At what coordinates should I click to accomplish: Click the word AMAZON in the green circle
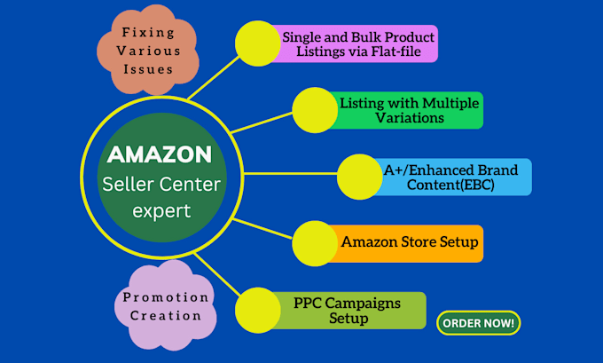tap(160, 154)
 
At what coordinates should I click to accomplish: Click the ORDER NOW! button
tap(478, 323)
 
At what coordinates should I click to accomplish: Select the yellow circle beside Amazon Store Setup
tap(317, 242)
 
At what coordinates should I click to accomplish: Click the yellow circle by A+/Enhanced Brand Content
tap(361, 175)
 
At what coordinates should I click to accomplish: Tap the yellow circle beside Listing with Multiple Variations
tap(316, 110)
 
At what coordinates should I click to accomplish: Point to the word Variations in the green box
tap(408, 118)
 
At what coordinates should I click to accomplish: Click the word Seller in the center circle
tap(130, 184)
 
